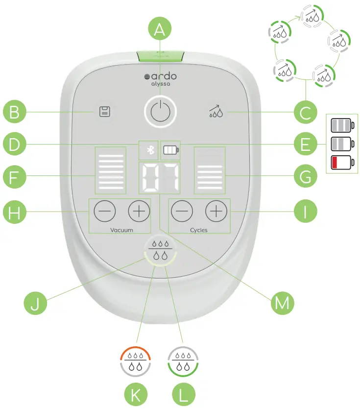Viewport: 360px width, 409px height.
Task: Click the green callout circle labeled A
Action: pyautogui.click(x=159, y=30)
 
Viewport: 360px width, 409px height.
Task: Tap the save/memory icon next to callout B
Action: pyautogui.click(x=104, y=112)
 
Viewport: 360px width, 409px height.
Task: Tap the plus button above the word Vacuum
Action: pyautogui.click(x=139, y=211)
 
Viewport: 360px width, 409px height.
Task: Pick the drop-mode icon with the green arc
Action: pyautogui.click(x=182, y=361)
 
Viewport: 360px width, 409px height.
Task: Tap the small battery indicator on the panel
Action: pyautogui.click(x=171, y=149)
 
